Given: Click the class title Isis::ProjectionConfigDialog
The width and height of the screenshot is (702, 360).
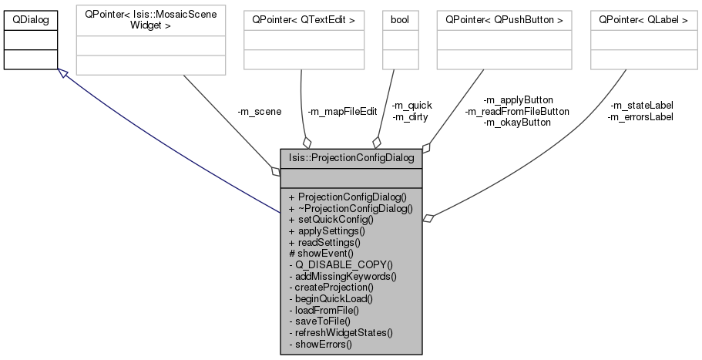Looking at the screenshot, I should pos(351,158).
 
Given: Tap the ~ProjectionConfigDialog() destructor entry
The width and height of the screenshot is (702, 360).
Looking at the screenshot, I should pos(351,207).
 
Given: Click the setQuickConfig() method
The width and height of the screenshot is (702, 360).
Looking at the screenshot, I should pos(331,219).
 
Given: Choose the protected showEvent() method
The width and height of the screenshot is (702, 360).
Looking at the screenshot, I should pos(321,253).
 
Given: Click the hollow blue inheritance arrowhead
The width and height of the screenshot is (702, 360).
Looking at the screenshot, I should pos(64,73).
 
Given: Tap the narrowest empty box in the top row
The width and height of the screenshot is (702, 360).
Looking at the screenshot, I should pos(400,39).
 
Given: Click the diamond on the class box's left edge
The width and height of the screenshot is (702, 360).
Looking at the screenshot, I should pos(275,171).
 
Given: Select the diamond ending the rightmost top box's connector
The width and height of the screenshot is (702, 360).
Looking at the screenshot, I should pos(428,219).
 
